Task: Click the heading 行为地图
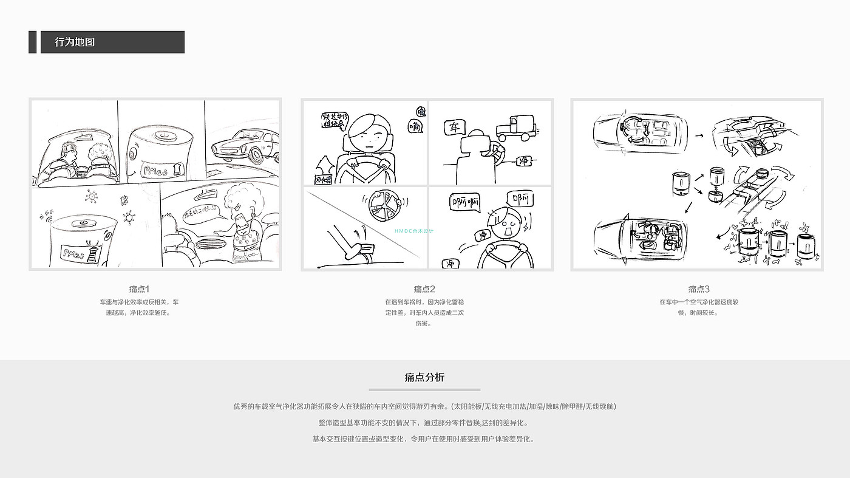tap(75, 43)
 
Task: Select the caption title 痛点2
tap(424, 289)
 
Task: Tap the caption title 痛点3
tap(699, 289)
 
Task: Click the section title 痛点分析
tap(424, 377)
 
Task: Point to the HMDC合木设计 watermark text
tap(414, 231)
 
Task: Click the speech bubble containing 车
tap(454, 128)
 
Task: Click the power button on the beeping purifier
tap(81, 223)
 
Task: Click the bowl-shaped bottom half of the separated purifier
tap(713, 196)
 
